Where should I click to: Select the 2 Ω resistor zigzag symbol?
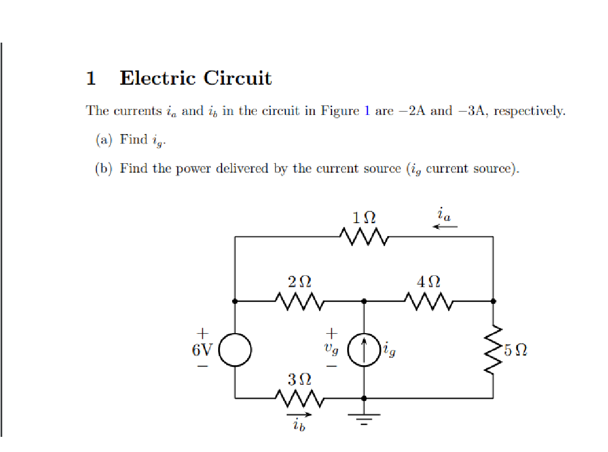point(299,301)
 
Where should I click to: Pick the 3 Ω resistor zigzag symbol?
point(299,398)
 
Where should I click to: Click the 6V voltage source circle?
point(235,350)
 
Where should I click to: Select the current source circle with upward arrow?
point(364,350)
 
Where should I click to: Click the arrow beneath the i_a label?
point(445,227)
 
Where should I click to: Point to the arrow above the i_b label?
point(299,416)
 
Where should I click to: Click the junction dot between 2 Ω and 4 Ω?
point(364,301)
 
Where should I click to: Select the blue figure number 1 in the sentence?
point(367,110)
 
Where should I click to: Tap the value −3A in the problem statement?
point(470,110)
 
